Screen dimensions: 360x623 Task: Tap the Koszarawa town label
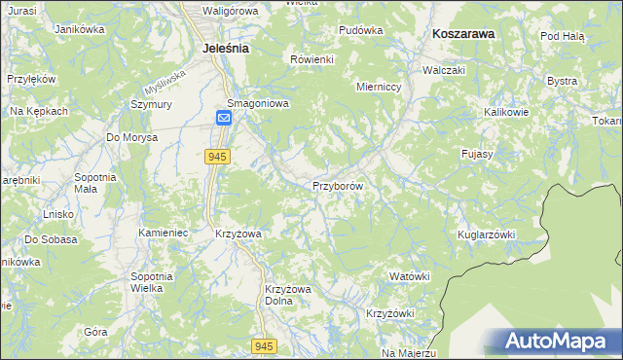(x=463, y=32)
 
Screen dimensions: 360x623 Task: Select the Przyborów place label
(x=338, y=186)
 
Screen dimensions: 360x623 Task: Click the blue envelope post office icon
(x=224, y=119)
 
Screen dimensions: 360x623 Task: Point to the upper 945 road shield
(x=217, y=156)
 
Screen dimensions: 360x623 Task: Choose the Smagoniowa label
(x=258, y=103)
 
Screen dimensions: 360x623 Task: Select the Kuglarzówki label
(x=485, y=234)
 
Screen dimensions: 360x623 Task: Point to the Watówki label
(x=409, y=276)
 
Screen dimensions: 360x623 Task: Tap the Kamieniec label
(x=162, y=234)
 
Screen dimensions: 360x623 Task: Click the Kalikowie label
(x=505, y=112)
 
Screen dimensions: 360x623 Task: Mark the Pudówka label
(x=360, y=30)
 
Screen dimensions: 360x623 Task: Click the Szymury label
(x=151, y=104)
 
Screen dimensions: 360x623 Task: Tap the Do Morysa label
(x=131, y=137)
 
